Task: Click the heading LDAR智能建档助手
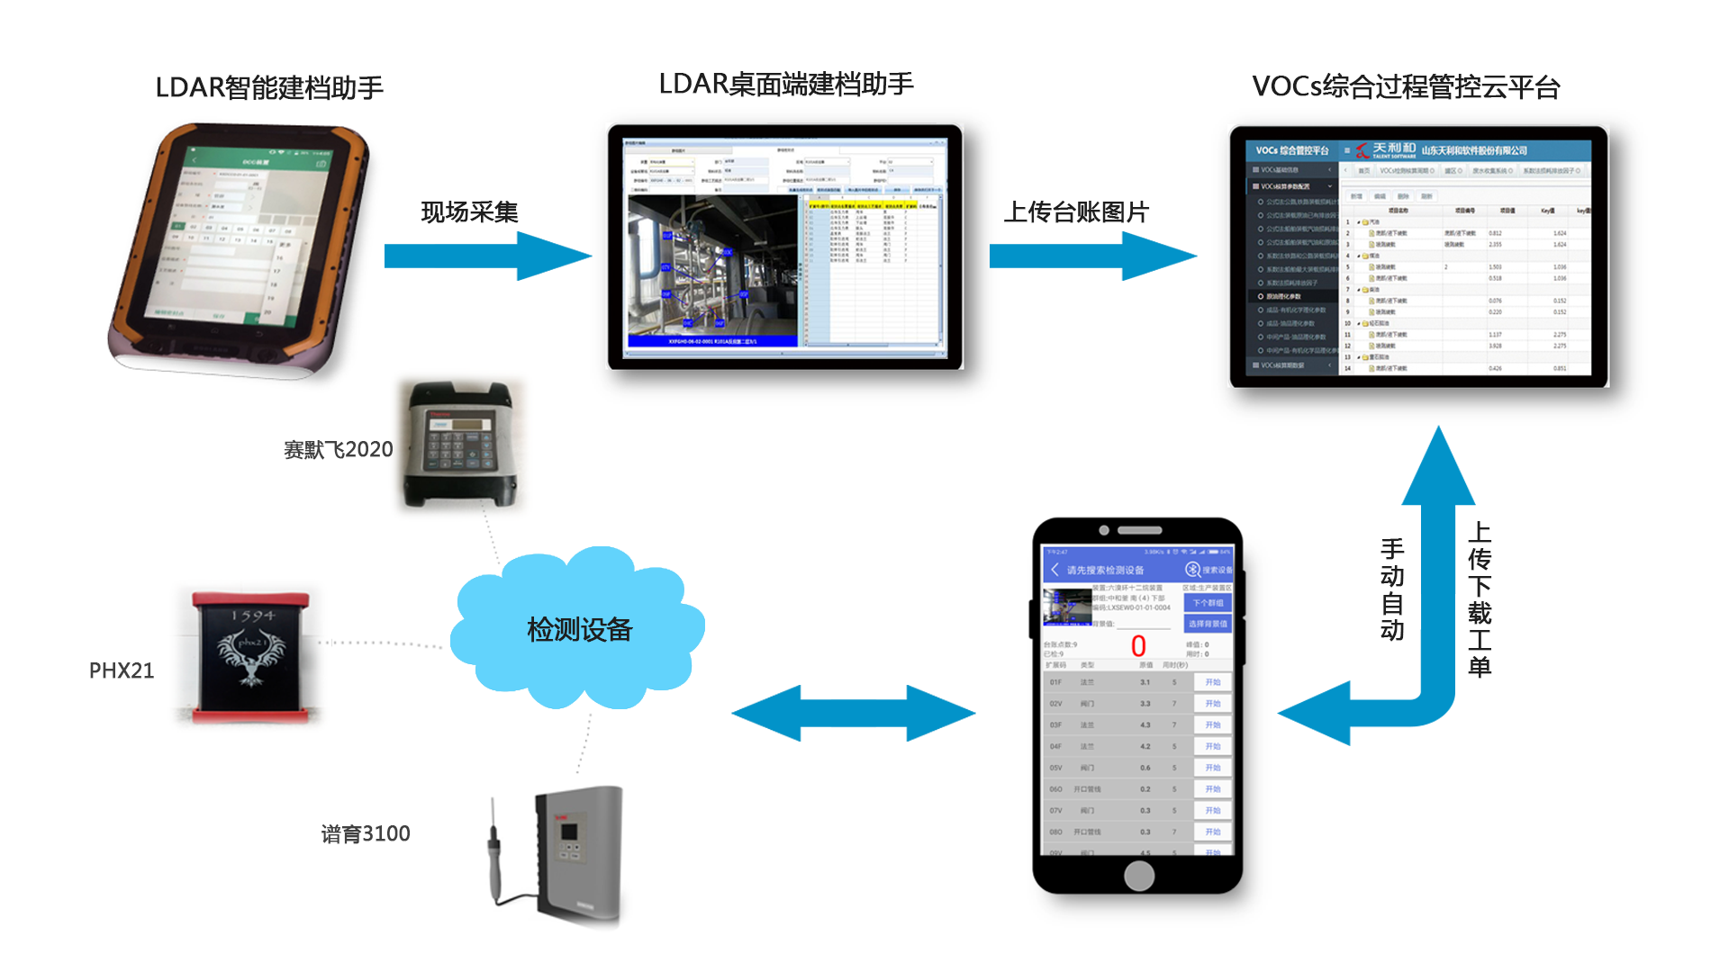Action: tap(269, 87)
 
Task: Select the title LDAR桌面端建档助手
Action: tap(785, 84)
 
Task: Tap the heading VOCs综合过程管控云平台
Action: tap(1405, 86)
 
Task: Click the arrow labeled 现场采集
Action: tap(486, 256)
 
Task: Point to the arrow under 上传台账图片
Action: tap(1091, 256)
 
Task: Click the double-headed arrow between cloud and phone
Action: tap(853, 713)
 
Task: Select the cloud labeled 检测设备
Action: tap(578, 629)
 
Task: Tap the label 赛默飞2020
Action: tap(338, 449)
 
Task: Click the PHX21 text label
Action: tap(122, 670)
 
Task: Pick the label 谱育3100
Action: tap(365, 833)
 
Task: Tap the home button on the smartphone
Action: tap(1138, 875)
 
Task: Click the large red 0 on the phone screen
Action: tap(1138, 645)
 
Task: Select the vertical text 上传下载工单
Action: tap(1479, 598)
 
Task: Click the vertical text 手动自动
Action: tap(1391, 589)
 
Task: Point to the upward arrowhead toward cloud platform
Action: tap(1438, 468)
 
